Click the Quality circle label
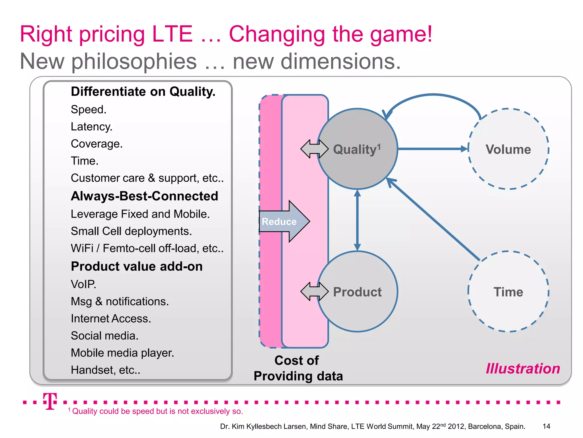coord(357,149)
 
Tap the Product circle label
coord(357,292)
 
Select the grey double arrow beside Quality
coord(314,149)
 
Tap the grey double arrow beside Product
coord(314,291)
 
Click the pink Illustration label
coord(523,368)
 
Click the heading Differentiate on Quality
coord(143,92)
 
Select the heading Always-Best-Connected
coord(144,196)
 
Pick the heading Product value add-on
coord(137,266)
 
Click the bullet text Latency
coord(91,127)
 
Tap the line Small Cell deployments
coord(131,231)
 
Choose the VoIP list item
coord(83,284)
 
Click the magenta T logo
coord(50,401)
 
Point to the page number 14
coord(546,426)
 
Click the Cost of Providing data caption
coord(298,368)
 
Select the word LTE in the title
coord(172,34)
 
